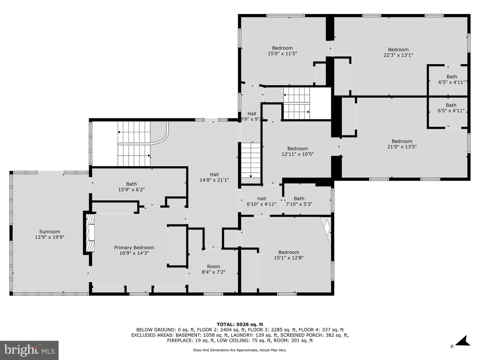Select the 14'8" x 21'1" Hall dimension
click(214, 180)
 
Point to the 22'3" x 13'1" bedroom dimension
click(398, 55)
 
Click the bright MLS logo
click(29, 350)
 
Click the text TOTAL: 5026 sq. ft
click(240, 324)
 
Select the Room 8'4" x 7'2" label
click(213, 269)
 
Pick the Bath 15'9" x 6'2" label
click(131, 187)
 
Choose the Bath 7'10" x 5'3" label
click(299, 201)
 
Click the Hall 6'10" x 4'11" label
click(261, 201)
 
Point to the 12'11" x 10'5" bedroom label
click(297, 151)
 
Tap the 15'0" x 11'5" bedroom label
click(282, 51)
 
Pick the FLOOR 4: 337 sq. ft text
click(321, 330)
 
